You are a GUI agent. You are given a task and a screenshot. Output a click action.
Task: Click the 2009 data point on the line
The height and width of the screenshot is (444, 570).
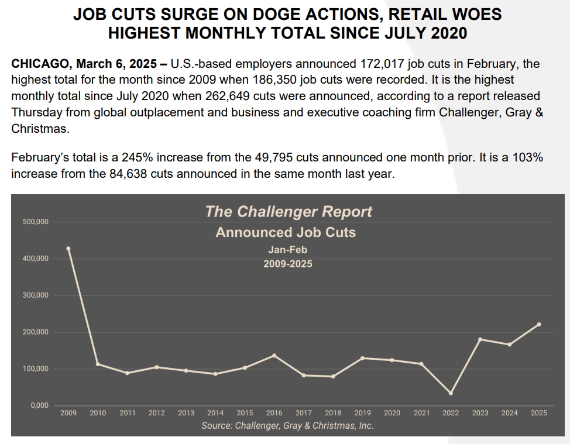click(x=68, y=249)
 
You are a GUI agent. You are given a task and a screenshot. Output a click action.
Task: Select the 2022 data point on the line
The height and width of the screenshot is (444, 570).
click(x=451, y=393)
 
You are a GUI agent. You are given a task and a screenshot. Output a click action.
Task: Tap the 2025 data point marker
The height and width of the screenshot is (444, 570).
click(x=539, y=324)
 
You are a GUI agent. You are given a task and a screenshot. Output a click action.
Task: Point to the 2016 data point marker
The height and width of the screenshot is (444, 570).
click(x=274, y=356)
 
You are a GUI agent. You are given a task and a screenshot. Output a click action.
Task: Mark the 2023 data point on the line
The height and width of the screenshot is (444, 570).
click(x=480, y=339)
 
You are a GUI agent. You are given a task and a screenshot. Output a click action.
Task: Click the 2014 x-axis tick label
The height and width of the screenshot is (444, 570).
click(x=215, y=413)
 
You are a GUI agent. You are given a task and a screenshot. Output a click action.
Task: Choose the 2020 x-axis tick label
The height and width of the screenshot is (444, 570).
click(x=392, y=413)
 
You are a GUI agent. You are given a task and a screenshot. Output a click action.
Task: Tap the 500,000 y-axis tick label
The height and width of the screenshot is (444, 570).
click(x=36, y=222)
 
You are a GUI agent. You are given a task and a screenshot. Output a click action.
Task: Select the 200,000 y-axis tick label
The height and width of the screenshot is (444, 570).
click(x=36, y=332)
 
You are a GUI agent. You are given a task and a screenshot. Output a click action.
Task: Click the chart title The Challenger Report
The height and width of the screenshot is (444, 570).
click(x=289, y=212)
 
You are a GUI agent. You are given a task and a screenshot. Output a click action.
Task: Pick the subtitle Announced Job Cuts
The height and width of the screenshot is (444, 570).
click(x=286, y=232)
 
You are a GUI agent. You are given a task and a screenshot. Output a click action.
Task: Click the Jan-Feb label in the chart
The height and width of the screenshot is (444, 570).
click(x=287, y=250)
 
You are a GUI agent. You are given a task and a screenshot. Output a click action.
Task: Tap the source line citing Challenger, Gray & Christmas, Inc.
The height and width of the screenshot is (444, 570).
click(x=287, y=426)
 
